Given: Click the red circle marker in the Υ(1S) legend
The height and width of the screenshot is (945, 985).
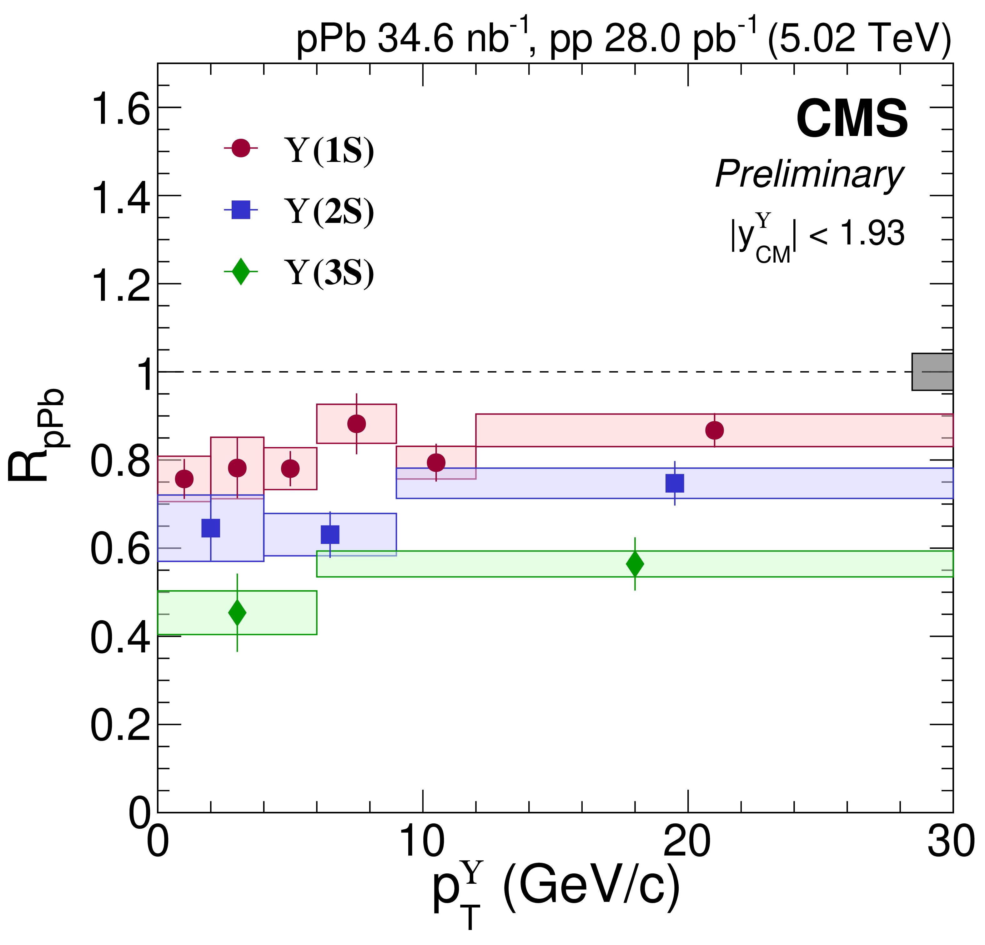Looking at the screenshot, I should click(x=241, y=148).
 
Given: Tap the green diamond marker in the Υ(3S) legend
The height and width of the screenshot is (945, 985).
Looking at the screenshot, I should click(x=241, y=271).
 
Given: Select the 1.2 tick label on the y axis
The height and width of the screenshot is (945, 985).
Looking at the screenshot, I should click(x=120, y=285).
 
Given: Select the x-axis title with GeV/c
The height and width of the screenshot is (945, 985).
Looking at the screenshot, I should click(x=555, y=890).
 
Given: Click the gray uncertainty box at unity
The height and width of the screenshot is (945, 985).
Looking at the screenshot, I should click(x=932, y=372).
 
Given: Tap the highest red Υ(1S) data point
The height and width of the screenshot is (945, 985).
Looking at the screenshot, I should click(x=356, y=424).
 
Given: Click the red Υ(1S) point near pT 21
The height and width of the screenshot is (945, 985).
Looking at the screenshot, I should click(x=714, y=430).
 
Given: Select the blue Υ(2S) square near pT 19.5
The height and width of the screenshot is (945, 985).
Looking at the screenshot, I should click(x=674, y=483).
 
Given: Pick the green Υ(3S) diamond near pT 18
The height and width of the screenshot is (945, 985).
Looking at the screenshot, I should click(x=635, y=564).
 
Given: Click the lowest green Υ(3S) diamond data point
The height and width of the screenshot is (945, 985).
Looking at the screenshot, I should click(x=237, y=613).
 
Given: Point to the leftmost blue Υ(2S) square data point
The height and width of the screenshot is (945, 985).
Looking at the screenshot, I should click(x=211, y=528).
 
